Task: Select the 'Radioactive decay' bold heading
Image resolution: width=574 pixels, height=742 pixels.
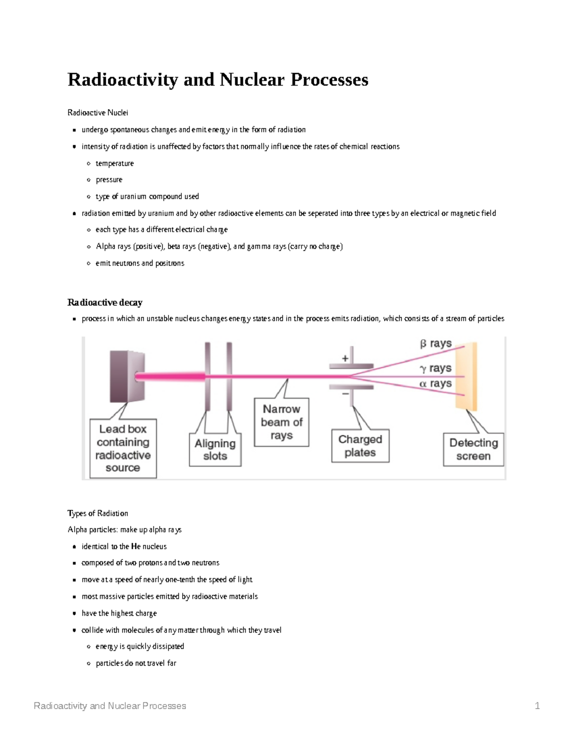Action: point(105,302)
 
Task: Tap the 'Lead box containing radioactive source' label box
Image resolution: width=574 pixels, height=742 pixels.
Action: point(123,448)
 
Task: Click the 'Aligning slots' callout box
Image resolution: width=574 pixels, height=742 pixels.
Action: point(215,450)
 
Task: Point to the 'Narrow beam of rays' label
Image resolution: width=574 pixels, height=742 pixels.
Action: point(281,422)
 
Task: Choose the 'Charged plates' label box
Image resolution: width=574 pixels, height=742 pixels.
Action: point(360,446)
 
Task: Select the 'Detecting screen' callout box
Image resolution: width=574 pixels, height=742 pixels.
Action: point(474,449)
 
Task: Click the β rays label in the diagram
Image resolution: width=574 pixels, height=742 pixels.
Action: point(436,344)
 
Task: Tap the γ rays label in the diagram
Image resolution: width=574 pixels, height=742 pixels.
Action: point(435,368)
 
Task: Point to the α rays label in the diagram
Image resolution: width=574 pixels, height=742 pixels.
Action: point(435,384)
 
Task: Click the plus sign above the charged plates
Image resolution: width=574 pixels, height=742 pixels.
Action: point(345,358)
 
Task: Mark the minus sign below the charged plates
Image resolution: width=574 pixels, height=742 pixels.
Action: point(345,394)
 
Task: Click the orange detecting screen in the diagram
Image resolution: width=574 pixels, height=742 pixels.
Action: point(466,376)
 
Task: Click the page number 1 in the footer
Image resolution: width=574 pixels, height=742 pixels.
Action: point(537,706)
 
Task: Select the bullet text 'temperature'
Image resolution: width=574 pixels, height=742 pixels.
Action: point(115,163)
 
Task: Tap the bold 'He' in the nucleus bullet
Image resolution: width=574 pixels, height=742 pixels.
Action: point(136,546)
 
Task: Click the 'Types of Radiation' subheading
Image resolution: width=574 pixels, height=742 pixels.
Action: point(98,513)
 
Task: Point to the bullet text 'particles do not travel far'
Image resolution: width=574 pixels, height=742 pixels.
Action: point(136,663)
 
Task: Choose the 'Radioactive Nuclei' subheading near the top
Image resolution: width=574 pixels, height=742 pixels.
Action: point(98,113)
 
